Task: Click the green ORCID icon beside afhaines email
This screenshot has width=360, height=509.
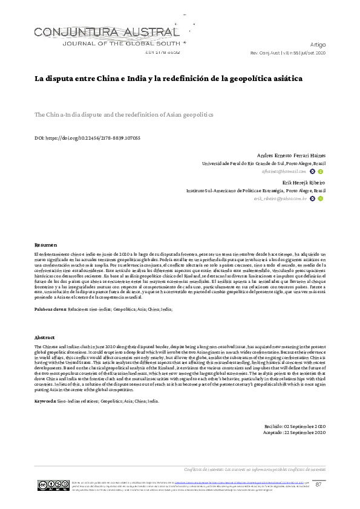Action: [x=321, y=172]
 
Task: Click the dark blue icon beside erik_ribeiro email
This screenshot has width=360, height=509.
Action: [x=312, y=198]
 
